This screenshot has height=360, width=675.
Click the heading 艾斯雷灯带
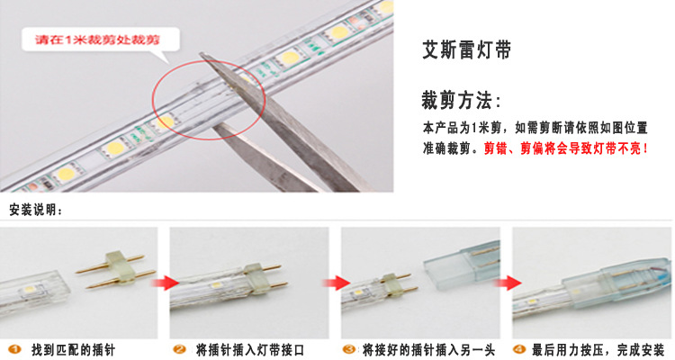tap(466, 49)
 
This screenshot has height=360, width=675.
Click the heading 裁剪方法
tap(461, 101)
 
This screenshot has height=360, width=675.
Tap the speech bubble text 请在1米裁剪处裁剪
tap(97, 40)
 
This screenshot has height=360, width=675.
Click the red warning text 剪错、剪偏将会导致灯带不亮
tap(566, 148)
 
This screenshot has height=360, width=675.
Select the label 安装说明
tap(36, 210)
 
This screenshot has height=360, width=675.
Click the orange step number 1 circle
tap(14, 349)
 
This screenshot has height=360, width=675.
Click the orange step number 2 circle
tap(179, 349)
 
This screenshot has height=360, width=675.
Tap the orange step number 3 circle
tap(349, 349)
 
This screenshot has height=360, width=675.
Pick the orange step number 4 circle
tap(519, 349)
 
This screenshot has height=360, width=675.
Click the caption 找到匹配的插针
tap(73, 350)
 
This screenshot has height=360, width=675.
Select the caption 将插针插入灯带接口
tap(249, 350)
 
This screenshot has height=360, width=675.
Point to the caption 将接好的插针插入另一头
tap(428, 350)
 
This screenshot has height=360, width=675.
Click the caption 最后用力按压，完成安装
tap(598, 350)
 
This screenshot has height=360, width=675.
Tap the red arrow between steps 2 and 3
tap(337, 283)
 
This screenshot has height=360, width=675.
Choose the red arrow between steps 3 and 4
tap(507, 283)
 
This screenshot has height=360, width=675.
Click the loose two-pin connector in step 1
tap(116, 269)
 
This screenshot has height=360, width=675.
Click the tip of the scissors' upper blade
tap(201, 54)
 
